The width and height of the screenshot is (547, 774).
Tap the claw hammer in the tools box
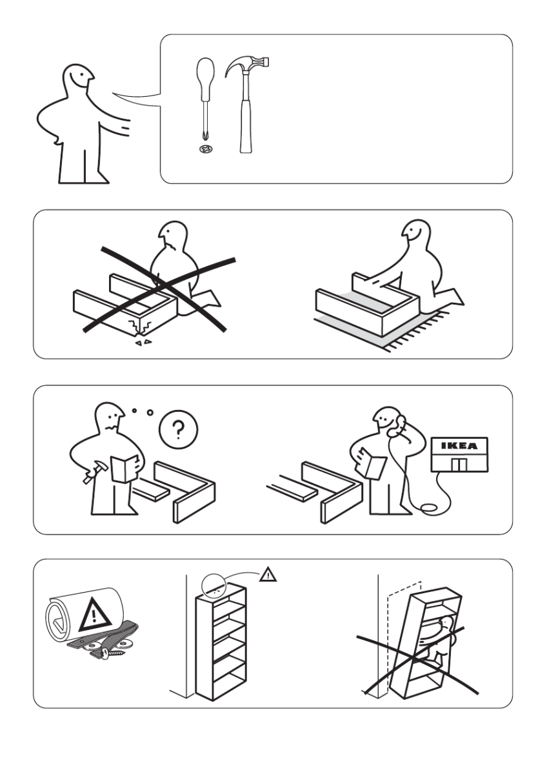(x=246, y=104)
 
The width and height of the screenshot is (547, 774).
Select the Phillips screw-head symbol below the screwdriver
(x=206, y=148)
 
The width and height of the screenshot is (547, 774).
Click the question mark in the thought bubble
(x=178, y=429)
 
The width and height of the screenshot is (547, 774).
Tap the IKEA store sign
(x=459, y=446)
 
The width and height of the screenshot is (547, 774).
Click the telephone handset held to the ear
(x=397, y=425)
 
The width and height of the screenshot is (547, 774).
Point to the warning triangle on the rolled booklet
(x=95, y=615)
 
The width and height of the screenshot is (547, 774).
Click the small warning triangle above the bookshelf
(x=268, y=574)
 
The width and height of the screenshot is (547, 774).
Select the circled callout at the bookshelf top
(x=214, y=587)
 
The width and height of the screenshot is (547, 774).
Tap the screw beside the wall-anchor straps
(x=111, y=653)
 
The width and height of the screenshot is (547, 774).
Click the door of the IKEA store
(x=459, y=464)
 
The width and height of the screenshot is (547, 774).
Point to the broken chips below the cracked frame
(x=143, y=341)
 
